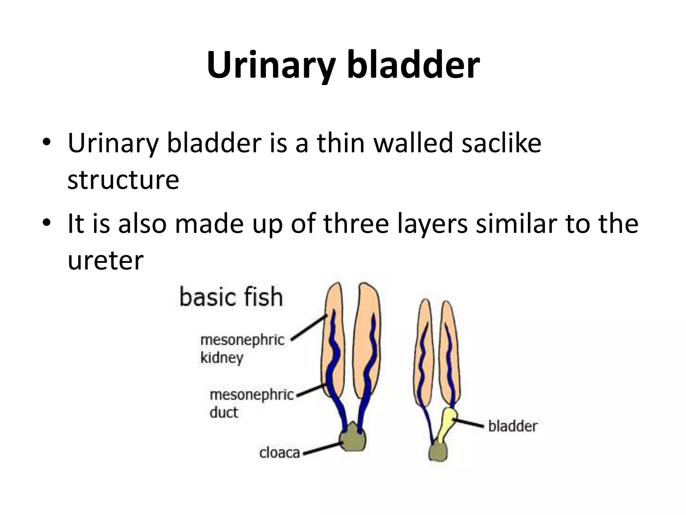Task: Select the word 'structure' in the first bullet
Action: [123, 180]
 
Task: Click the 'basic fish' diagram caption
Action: [231, 297]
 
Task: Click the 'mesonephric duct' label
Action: [251, 403]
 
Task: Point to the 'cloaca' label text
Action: [280, 453]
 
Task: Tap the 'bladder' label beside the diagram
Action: [512, 426]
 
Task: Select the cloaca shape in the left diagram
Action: [352, 439]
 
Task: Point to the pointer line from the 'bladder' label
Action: [469, 423]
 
